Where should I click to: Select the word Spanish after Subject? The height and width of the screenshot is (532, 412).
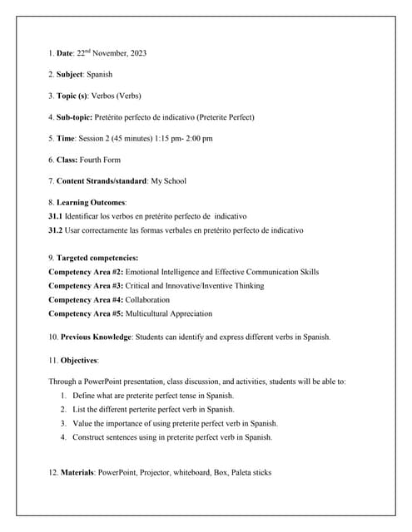coord(100,75)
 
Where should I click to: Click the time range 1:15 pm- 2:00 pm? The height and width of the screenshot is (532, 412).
coord(185,138)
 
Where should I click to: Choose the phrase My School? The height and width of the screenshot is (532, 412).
coord(168,180)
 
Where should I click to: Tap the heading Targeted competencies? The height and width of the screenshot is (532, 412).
coord(98,258)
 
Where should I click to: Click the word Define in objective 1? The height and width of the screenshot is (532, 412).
coord(85,396)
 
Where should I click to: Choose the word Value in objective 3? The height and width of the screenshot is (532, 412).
coord(82,423)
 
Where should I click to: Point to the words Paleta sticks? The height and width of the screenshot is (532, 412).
coord(247,473)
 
